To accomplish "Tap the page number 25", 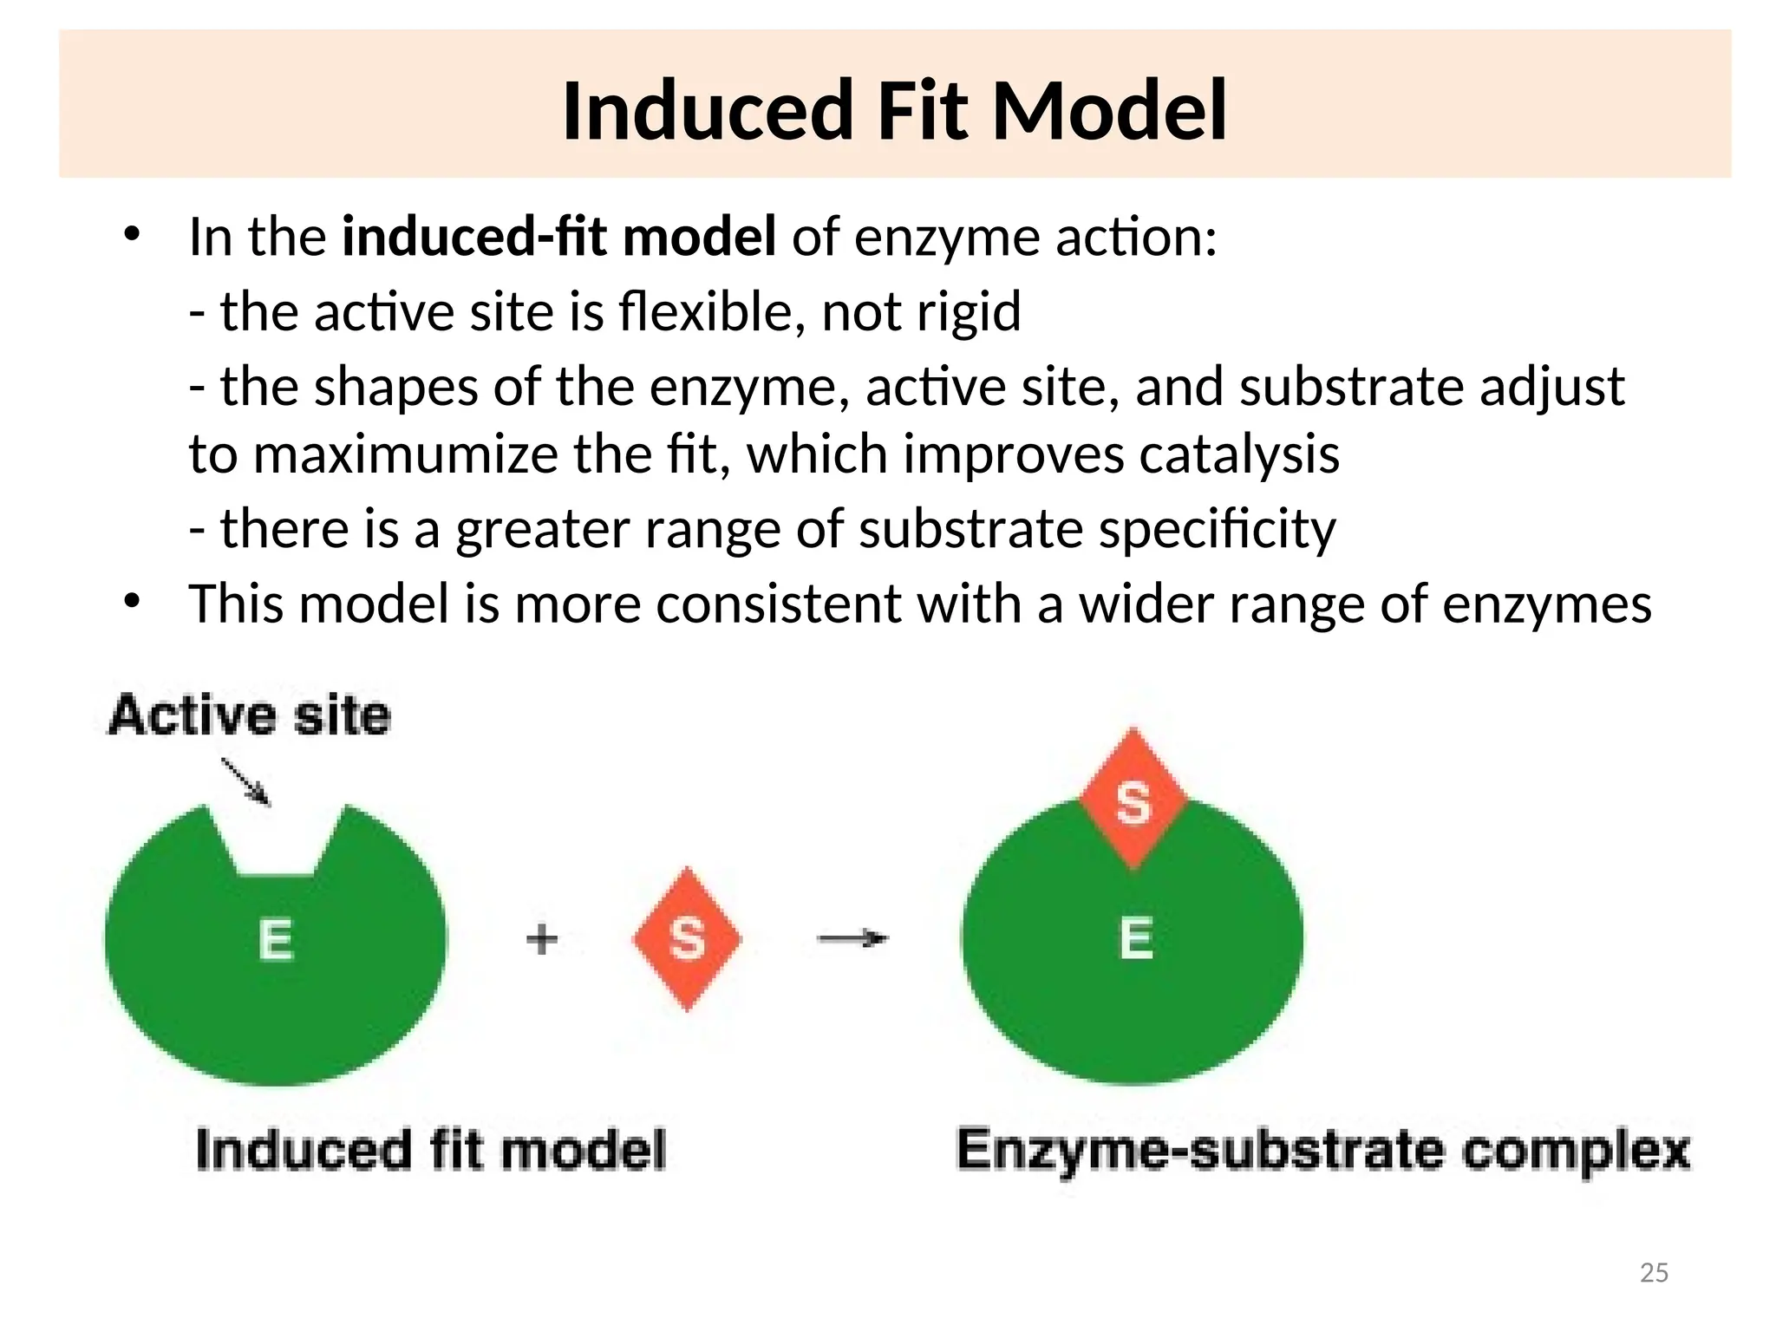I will pos(1654,1272).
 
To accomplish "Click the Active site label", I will pos(250,716).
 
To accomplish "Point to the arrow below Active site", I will pos(246,781).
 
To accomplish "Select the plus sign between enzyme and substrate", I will pos(542,939).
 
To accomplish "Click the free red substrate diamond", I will pos(687,938).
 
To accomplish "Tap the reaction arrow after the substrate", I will pos(853,938).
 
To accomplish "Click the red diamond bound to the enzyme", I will pos(1133,800).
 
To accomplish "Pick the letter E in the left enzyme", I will pos(276,940).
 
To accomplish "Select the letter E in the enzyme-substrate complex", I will pos(1136,938).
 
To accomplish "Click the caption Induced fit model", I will pos(431,1151).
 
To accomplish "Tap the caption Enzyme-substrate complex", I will pos(1323,1151).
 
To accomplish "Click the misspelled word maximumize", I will pos(405,454).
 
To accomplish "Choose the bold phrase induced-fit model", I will pos(559,237).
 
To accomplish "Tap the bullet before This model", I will pos(132,601).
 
